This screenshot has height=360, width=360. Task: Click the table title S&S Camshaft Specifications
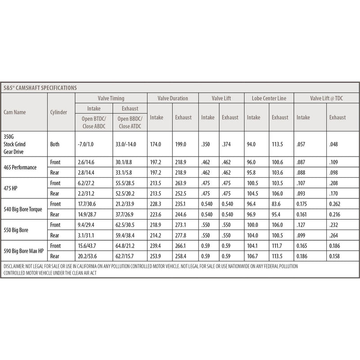[40, 87]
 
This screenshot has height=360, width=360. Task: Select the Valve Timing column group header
[111, 98]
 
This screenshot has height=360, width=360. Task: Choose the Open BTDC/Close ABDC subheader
[93, 122]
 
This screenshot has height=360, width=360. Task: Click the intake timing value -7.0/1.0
[88, 144]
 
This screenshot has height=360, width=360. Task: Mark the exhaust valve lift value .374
[227, 144]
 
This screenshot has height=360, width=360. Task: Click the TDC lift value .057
[302, 144]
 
